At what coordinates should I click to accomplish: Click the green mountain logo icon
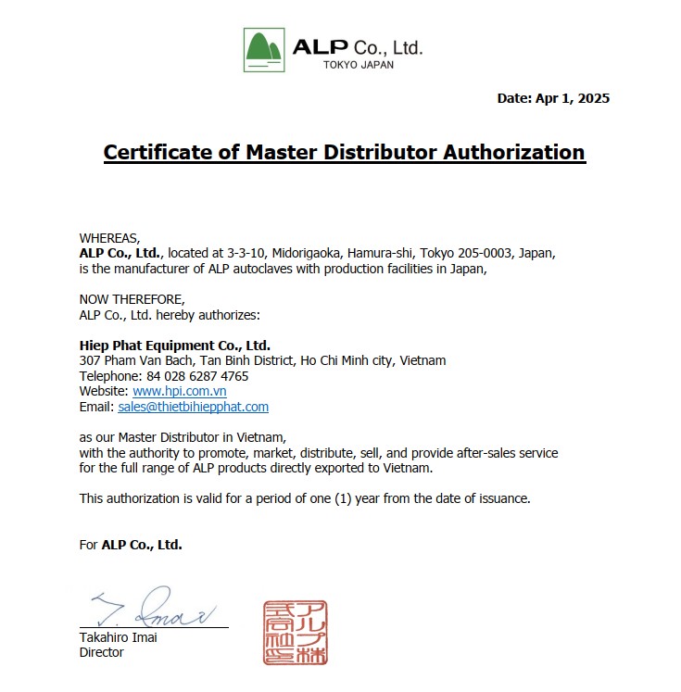tap(264, 49)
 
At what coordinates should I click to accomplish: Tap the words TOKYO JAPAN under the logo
tap(359, 65)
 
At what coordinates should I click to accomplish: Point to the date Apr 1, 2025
tap(573, 98)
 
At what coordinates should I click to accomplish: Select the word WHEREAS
tap(109, 238)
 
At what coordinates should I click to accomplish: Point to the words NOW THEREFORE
tap(132, 299)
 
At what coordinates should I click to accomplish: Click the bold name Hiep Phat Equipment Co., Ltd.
tap(175, 346)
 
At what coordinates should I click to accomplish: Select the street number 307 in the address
tap(89, 360)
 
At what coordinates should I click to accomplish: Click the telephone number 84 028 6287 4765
tap(197, 376)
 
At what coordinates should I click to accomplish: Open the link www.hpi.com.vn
tap(180, 391)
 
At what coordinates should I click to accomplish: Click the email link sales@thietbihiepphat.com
tap(194, 407)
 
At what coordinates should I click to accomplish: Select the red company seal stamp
tap(295, 632)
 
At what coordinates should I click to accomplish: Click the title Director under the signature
tap(102, 652)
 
